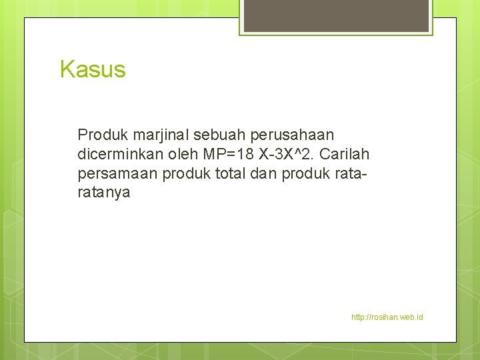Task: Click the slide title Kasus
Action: pos(93,69)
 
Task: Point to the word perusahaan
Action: pos(295,135)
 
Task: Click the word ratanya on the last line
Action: pos(104,193)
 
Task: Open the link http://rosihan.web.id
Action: pos(387,317)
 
